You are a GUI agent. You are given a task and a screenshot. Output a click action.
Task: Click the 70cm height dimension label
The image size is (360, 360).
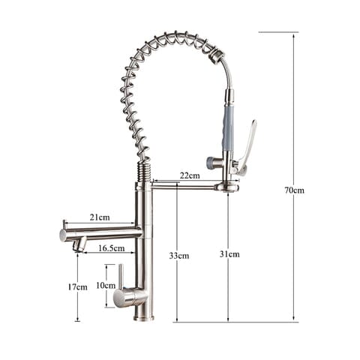pyautogui.click(x=294, y=190)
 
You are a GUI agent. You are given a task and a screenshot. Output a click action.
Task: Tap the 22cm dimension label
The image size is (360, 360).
pyautogui.click(x=190, y=175)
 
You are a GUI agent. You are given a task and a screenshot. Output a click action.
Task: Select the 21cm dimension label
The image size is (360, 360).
pyautogui.click(x=100, y=217)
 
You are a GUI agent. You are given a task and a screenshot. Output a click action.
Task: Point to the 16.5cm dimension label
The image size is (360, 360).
pyautogui.click(x=112, y=247)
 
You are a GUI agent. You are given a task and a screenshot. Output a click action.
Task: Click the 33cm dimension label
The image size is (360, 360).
pyautogui.click(x=179, y=255)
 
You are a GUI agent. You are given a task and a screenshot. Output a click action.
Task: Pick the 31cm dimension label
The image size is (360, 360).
pyautogui.click(x=229, y=254)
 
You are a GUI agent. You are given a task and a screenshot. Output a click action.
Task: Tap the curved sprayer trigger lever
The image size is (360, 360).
pyautogui.click(x=247, y=146)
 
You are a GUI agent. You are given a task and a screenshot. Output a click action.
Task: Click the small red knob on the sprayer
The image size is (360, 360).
pyautogui.click(x=211, y=161)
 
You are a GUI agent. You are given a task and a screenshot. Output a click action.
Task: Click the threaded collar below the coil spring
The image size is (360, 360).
pyautogui.click(x=143, y=172)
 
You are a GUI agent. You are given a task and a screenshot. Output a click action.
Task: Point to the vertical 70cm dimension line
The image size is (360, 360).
pyautogui.click(x=294, y=112)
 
